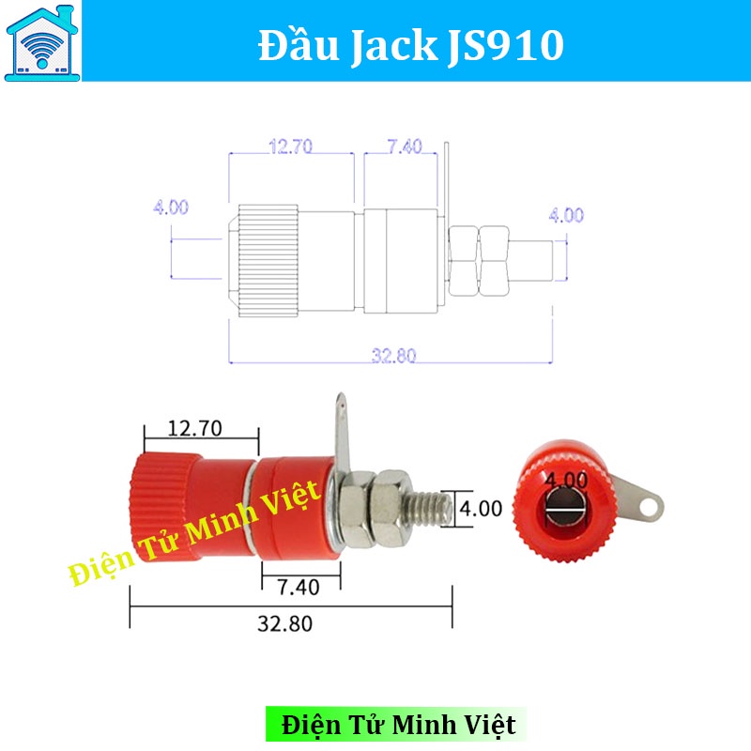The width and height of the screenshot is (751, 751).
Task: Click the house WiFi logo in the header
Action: pos(42,41)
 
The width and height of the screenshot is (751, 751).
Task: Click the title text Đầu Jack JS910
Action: pos(410,44)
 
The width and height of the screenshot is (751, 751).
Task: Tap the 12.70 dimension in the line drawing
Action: pos(290,146)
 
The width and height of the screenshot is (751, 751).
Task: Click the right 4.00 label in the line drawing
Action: pos(566,215)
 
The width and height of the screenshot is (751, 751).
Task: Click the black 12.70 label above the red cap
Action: pos(194,429)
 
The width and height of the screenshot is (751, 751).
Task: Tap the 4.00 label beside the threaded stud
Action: pos(481,509)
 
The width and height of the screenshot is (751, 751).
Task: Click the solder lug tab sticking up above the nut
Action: pos(341,432)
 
